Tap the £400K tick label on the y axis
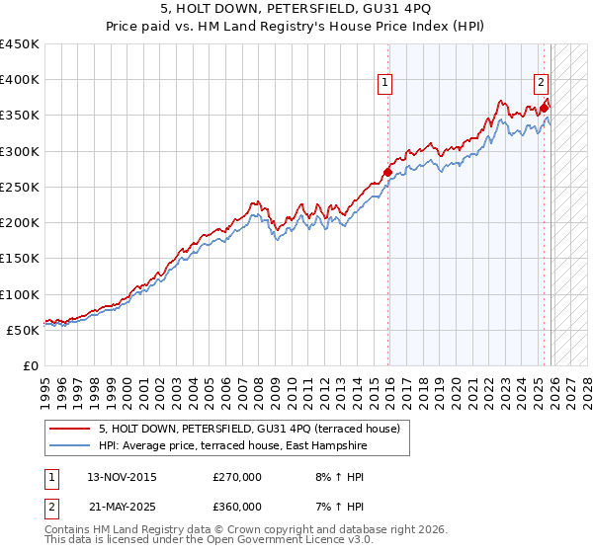[20, 80]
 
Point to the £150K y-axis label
[20, 259]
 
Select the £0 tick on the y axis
[31, 365]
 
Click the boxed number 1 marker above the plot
[384, 84]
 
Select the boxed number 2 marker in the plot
[543, 84]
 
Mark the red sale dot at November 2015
[387, 173]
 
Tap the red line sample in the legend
[70, 429]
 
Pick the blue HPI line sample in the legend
[70, 446]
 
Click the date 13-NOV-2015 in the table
[122, 477]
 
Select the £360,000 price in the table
[237, 507]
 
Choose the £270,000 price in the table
[237, 477]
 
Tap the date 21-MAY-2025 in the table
[122, 507]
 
